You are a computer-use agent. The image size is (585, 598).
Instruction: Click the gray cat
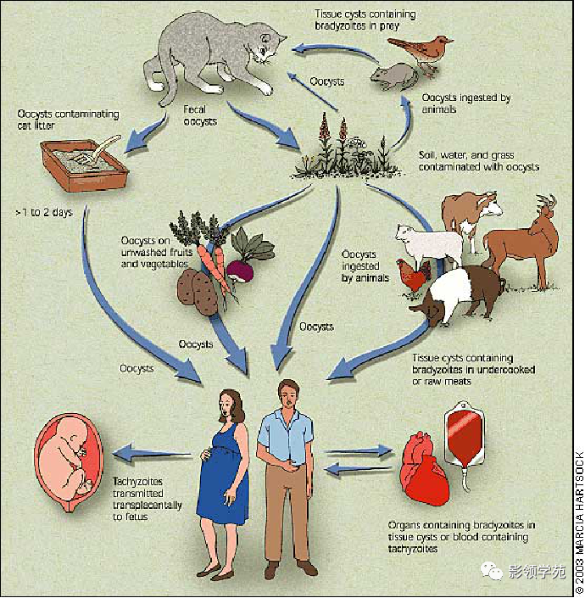click(x=214, y=57)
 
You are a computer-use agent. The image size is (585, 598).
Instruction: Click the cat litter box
click(x=84, y=164)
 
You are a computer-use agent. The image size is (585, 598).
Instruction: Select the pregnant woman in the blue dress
click(x=223, y=481)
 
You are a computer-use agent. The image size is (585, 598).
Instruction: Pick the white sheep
click(x=429, y=244)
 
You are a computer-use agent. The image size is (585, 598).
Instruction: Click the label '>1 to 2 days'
click(x=44, y=212)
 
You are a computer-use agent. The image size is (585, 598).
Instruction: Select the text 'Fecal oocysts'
click(x=200, y=115)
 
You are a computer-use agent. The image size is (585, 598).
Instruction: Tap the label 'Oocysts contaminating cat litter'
click(x=68, y=120)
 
